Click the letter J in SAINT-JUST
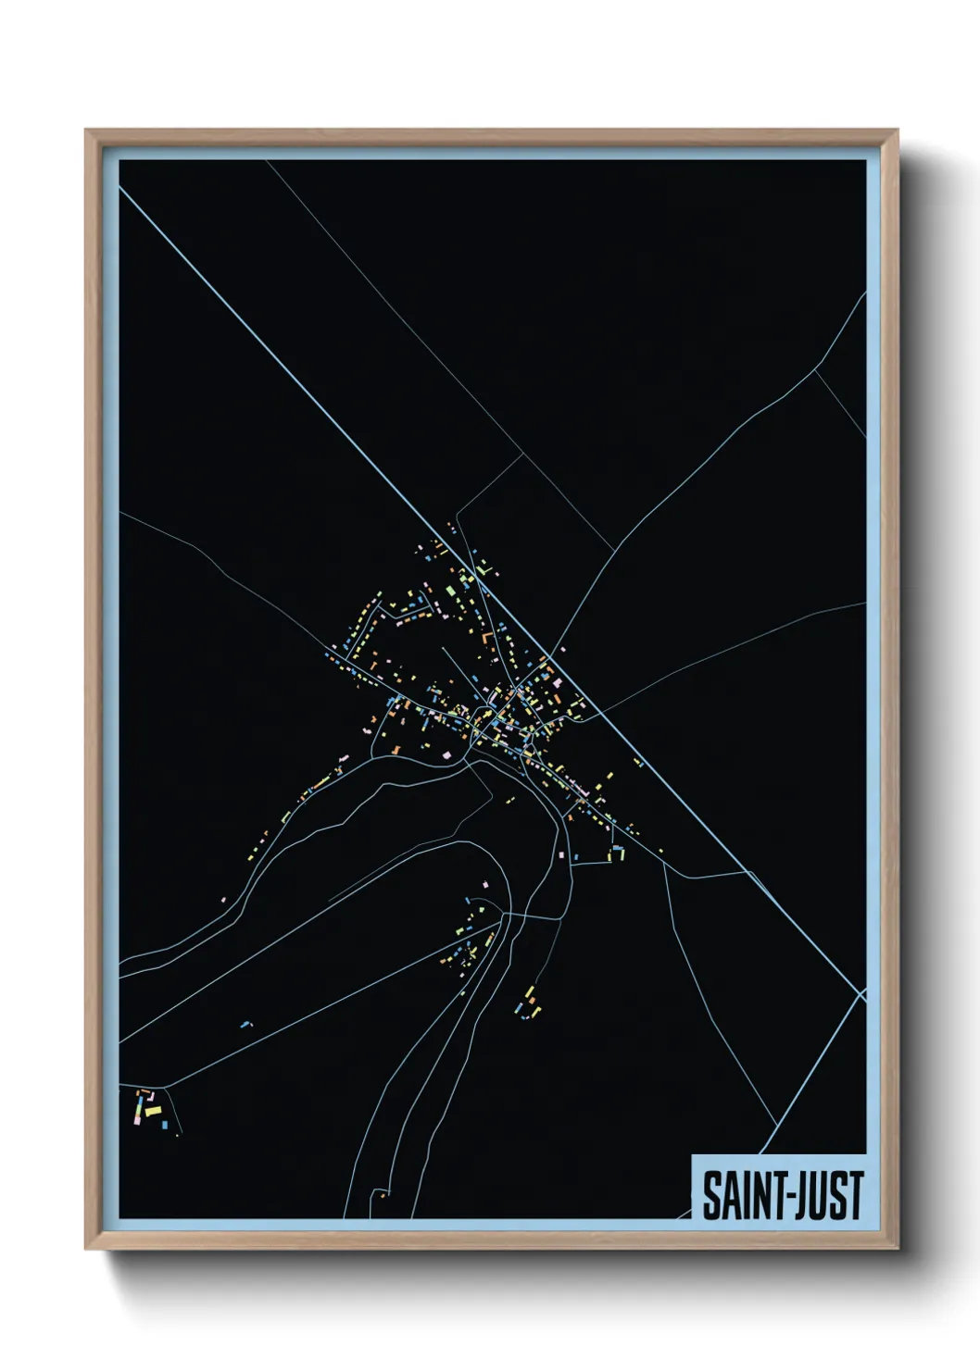coord(796,1196)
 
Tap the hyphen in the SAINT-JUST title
coord(782,1198)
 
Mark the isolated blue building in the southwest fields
coord(245,1025)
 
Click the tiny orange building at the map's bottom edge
coord(381,1195)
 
